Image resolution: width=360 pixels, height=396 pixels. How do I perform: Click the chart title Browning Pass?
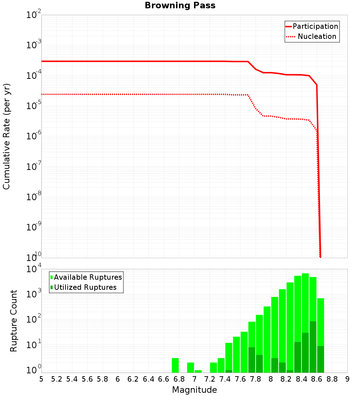point(180,5)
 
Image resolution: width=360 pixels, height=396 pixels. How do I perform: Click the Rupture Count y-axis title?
point(14,321)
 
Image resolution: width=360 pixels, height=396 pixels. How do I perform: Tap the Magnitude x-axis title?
point(194,390)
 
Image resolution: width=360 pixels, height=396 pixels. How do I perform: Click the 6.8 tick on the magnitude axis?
point(179,379)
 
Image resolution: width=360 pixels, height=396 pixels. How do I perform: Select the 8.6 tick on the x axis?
point(317,379)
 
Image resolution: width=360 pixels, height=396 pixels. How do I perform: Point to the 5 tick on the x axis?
point(41,379)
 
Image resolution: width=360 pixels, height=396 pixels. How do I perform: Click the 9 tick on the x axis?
point(347,379)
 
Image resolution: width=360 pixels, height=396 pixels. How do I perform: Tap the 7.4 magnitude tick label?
point(225,379)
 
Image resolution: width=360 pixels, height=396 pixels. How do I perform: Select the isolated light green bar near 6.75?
point(175,365)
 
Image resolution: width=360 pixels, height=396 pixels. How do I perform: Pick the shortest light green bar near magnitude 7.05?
point(198,371)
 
